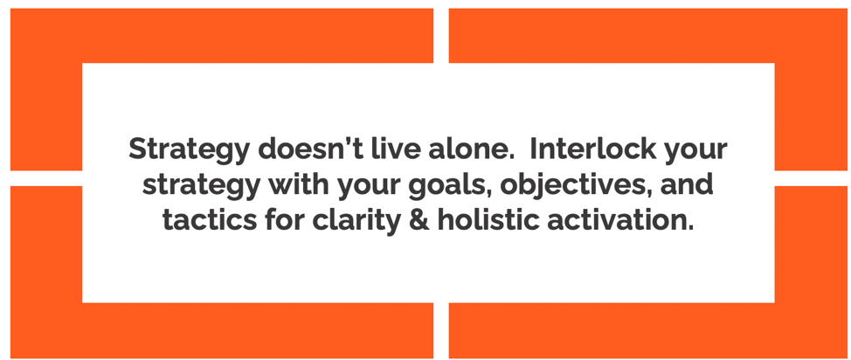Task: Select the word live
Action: pos(388,149)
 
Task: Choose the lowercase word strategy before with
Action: pos(200,186)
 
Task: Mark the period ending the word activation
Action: pos(690,228)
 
